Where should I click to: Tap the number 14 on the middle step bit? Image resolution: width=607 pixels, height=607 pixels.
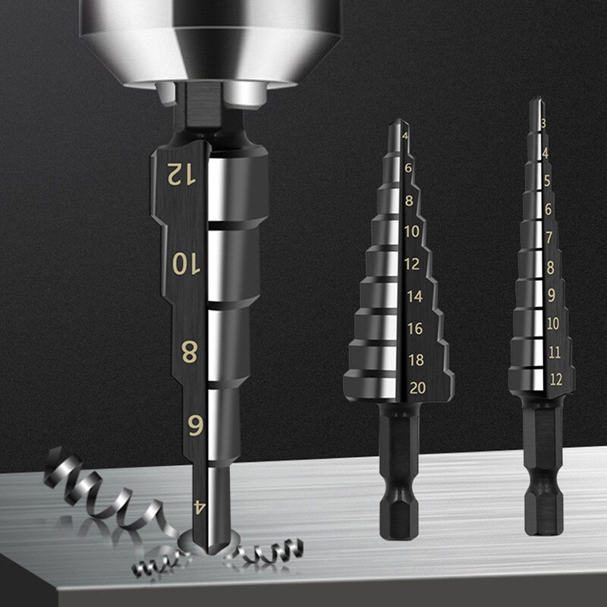click(x=415, y=297)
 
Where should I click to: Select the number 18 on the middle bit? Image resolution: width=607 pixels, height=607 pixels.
click(x=416, y=359)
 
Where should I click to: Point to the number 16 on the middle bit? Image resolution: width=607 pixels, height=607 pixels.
click(x=415, y=329)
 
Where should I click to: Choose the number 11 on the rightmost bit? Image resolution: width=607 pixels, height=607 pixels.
click(x=555, y=351)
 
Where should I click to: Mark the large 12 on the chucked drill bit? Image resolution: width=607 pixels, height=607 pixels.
click(x=181, y=175)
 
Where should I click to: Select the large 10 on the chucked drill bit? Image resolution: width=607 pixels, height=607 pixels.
click(x=184, y=263)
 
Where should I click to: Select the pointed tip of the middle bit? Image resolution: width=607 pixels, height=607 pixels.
click(x=395, y=123)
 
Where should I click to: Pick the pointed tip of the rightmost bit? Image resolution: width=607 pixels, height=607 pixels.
click(x=536, y=102)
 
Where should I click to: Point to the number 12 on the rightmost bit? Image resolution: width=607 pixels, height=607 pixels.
click(x=555, y=379)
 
